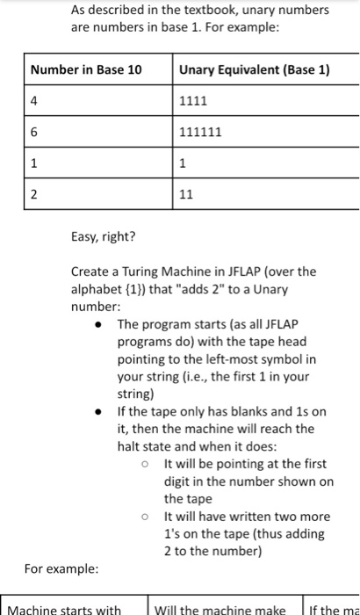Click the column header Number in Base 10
[x=86, y=69]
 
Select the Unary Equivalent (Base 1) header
[x=254, y=69]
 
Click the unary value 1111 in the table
[x=193, y=101]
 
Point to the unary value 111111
[x=200, y=133]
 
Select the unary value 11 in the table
[x=185, y=196]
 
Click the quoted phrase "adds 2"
[x=202, y=289]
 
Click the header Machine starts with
[x=65, y=609]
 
